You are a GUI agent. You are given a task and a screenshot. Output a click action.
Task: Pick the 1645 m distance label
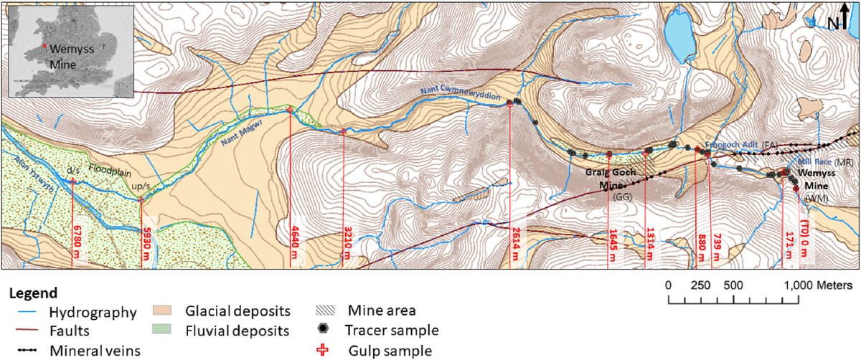tap(613, 244)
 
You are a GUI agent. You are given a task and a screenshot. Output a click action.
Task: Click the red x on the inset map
tap(44, 46)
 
